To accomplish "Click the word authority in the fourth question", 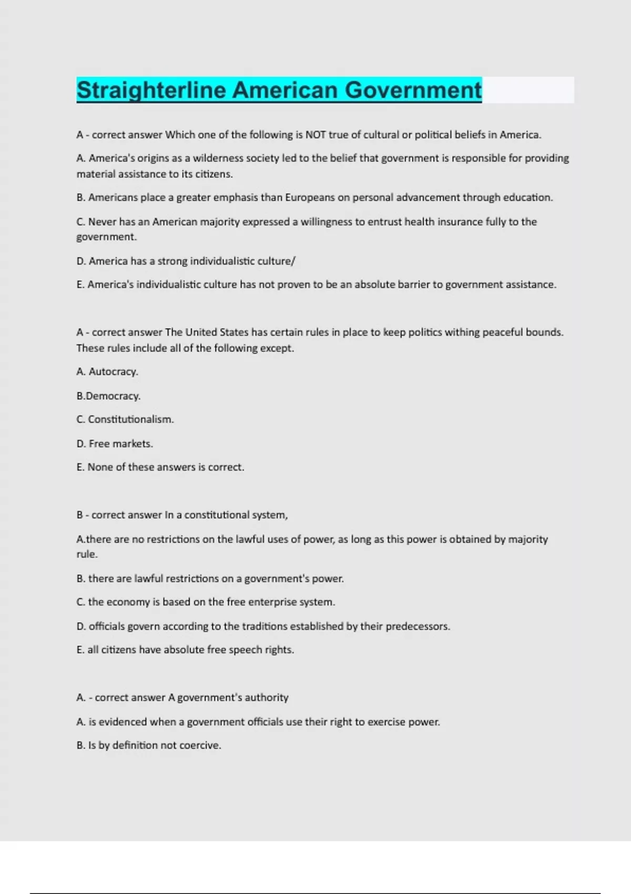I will tap(266, 698).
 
